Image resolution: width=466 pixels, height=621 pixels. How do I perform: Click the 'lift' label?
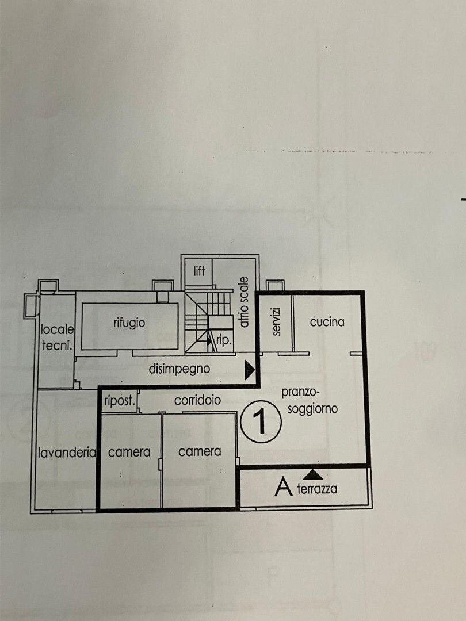[x=199, y=271]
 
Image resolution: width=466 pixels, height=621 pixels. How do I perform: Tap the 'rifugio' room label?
[x=129, y=323]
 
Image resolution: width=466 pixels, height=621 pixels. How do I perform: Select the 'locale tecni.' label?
[x=58, y=338]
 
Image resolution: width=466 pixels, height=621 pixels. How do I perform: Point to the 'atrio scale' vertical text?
[x=244, y=302]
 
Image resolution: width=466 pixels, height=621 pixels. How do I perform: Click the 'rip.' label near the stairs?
[x=224, y=340]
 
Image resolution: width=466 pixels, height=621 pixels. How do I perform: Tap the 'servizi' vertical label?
[x=277, y=321]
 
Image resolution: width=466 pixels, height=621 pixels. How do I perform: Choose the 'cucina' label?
[x=327, y=322]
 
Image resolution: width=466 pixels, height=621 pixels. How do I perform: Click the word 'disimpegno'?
[x=179, y=369]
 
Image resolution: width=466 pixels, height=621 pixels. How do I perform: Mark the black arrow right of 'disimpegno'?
[x=249, y=370]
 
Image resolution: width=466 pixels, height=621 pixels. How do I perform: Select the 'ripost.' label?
[x=119, y=401]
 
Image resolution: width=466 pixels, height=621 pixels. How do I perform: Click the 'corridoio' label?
[x=197, y=400]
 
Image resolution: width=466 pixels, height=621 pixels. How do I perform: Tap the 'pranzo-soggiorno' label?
[x=310, y=401]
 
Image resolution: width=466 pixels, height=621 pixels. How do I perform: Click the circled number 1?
[x=261, y=421]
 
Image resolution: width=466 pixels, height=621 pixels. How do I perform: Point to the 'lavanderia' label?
[x=67, y=453]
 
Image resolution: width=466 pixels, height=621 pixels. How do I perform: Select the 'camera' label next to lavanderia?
[x=129, y=452]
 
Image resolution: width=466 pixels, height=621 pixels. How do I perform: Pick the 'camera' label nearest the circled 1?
[x=199, y=451]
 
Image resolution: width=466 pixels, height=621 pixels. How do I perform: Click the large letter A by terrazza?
[x=283, y=486]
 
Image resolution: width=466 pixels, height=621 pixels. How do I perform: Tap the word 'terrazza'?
[x=317, y=489]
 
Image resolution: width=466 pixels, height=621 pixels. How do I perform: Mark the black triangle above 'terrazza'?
[x=313, y=474]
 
